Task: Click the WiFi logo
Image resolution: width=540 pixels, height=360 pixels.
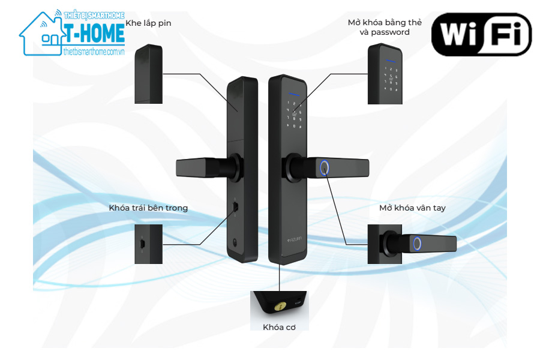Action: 481,35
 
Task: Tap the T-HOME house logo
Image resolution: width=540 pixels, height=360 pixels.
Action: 72,33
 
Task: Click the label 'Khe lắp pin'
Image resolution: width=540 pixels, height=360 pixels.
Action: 148,23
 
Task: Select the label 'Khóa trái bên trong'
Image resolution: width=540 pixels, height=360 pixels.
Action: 148,208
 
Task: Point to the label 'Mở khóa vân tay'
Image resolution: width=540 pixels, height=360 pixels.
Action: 412,208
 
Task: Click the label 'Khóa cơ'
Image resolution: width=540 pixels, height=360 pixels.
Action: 278,327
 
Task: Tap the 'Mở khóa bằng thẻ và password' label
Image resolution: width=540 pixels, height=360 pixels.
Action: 385,27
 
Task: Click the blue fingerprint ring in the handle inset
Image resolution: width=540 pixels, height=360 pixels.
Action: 417,244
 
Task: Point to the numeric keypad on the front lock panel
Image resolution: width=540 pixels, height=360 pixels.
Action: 294,114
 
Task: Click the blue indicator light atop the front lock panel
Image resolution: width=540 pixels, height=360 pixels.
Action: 293,94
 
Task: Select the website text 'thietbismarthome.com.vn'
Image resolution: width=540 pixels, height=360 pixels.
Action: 94,52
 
